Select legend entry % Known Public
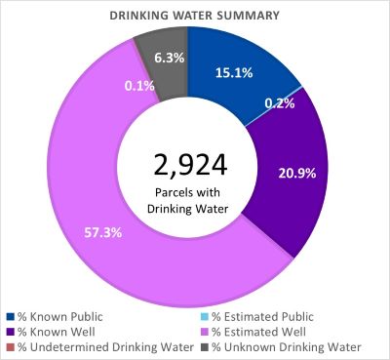click(x=63, y=316)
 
